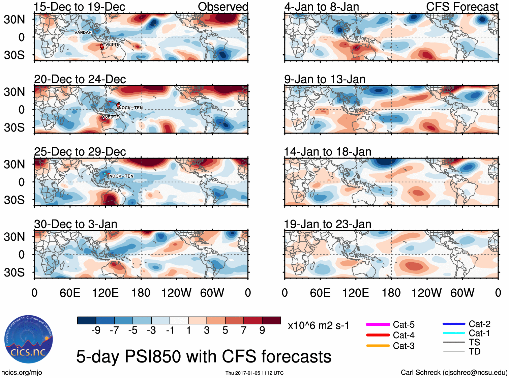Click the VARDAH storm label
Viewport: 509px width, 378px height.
(x=83, y=32)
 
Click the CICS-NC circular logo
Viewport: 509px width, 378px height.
(x=29, y=339)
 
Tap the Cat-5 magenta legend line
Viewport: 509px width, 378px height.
(x=378, y=324)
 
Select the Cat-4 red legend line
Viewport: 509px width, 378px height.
(x=378, y=335)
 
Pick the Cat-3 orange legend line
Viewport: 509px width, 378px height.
(x=378, y=346)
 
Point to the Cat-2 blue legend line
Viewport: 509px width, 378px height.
(x=454, y=324)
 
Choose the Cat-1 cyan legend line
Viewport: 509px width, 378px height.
(x=454, y=333)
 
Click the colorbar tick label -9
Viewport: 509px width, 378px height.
(x=96, y=330)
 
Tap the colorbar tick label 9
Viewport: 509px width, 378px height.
(x=262, y=330)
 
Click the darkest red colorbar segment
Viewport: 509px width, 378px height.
(x=271, y=320)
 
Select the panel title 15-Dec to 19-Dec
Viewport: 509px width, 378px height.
(x=80, y=7)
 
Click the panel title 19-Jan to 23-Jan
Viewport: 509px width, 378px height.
(x=328, y=224)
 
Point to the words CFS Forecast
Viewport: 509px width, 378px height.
(x=462, y=7)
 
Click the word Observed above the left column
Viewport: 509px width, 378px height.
(x=223, y=7)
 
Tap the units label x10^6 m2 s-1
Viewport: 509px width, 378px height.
(x=318, y=326)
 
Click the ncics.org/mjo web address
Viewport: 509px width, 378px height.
(x=22, y=373)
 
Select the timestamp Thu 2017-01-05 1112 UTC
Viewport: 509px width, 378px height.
(x=254, y=373)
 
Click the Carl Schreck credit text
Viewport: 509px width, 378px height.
(x=454, y=373)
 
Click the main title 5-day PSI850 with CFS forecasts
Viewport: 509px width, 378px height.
(x=204, y=356)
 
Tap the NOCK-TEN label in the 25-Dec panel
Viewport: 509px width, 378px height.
(x=121, y=176)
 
